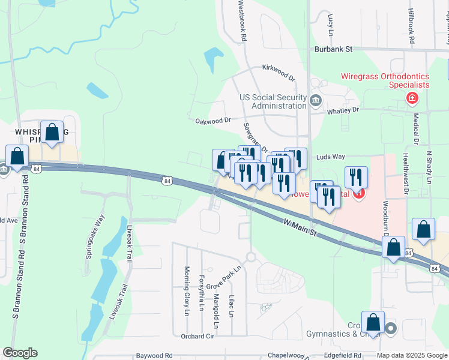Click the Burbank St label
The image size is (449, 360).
pyautogui.click(x=331, y=50)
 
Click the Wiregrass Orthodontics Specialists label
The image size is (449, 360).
pyautogui.click(x=385, y=80)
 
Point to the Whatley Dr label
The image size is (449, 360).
pyautogui.click(x=342, y=110)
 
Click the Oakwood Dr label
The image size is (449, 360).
pyautogui.click(x=213, y=120)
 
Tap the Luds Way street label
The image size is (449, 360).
pyautogui.click(x=331, y=157)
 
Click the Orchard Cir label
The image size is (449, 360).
pyautogui.click(x=197, y=336)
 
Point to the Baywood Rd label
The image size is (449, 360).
pyautogui.click(x=154, y=355)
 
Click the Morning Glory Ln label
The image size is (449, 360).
pyautogui.click(x=187, y=291)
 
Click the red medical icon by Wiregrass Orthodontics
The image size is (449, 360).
pyautogui.click(x=412, y=98)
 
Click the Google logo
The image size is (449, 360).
pyautogui.click(x=20, y=353)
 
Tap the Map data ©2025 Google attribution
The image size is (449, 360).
pyautogui.click(x=412, y=356)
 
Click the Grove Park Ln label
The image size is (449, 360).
pyautogui.click(x=223, y=277)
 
